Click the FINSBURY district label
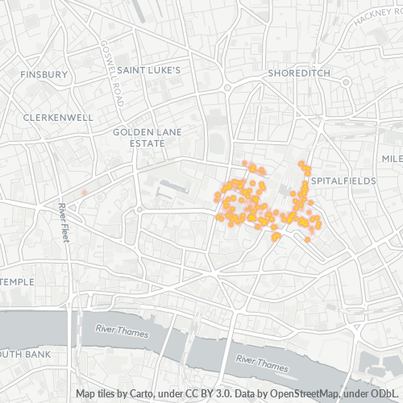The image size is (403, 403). click(44, 74)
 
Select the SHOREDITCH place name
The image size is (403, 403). click(299, 73)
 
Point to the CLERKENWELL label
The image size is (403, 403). click(59, 117)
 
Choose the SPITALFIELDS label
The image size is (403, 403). click(343, 181)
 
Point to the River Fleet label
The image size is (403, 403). click(62, 220)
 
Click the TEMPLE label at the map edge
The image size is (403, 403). click(18, 282)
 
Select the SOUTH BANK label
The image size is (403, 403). click(26, 354)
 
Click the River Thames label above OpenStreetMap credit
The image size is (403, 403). click(262, 362)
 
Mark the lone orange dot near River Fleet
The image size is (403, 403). click(83, 193)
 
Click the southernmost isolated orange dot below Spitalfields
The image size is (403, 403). click(308, 239)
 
